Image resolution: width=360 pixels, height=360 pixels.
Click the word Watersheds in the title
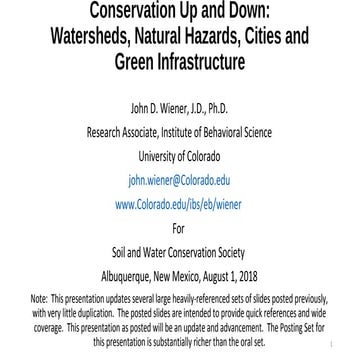tap(91, 38)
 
